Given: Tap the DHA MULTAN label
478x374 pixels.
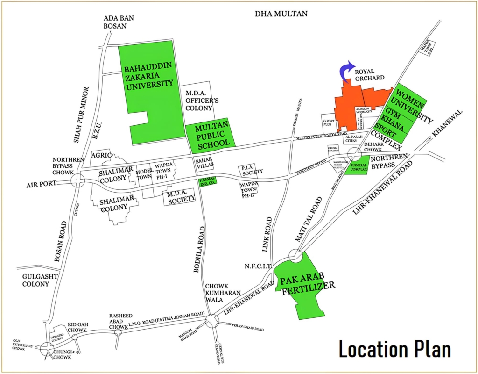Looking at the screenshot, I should (x=281, y=14).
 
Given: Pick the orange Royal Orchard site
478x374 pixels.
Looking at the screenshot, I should (x=355, y=105).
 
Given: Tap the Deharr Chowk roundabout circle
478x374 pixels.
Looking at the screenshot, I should (x=355, y=153).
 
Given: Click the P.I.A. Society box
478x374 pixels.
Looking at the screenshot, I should (x=251, y=171).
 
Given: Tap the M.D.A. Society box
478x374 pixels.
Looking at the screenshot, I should (x=179, y=198).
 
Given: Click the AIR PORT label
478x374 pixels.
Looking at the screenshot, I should (x=41, y=184).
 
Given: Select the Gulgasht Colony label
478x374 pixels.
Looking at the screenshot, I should (x=39, y=280).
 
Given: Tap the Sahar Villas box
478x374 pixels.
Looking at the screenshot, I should (x=204, y=163).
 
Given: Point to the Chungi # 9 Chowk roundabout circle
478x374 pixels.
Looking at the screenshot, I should (x=47, y=348).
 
